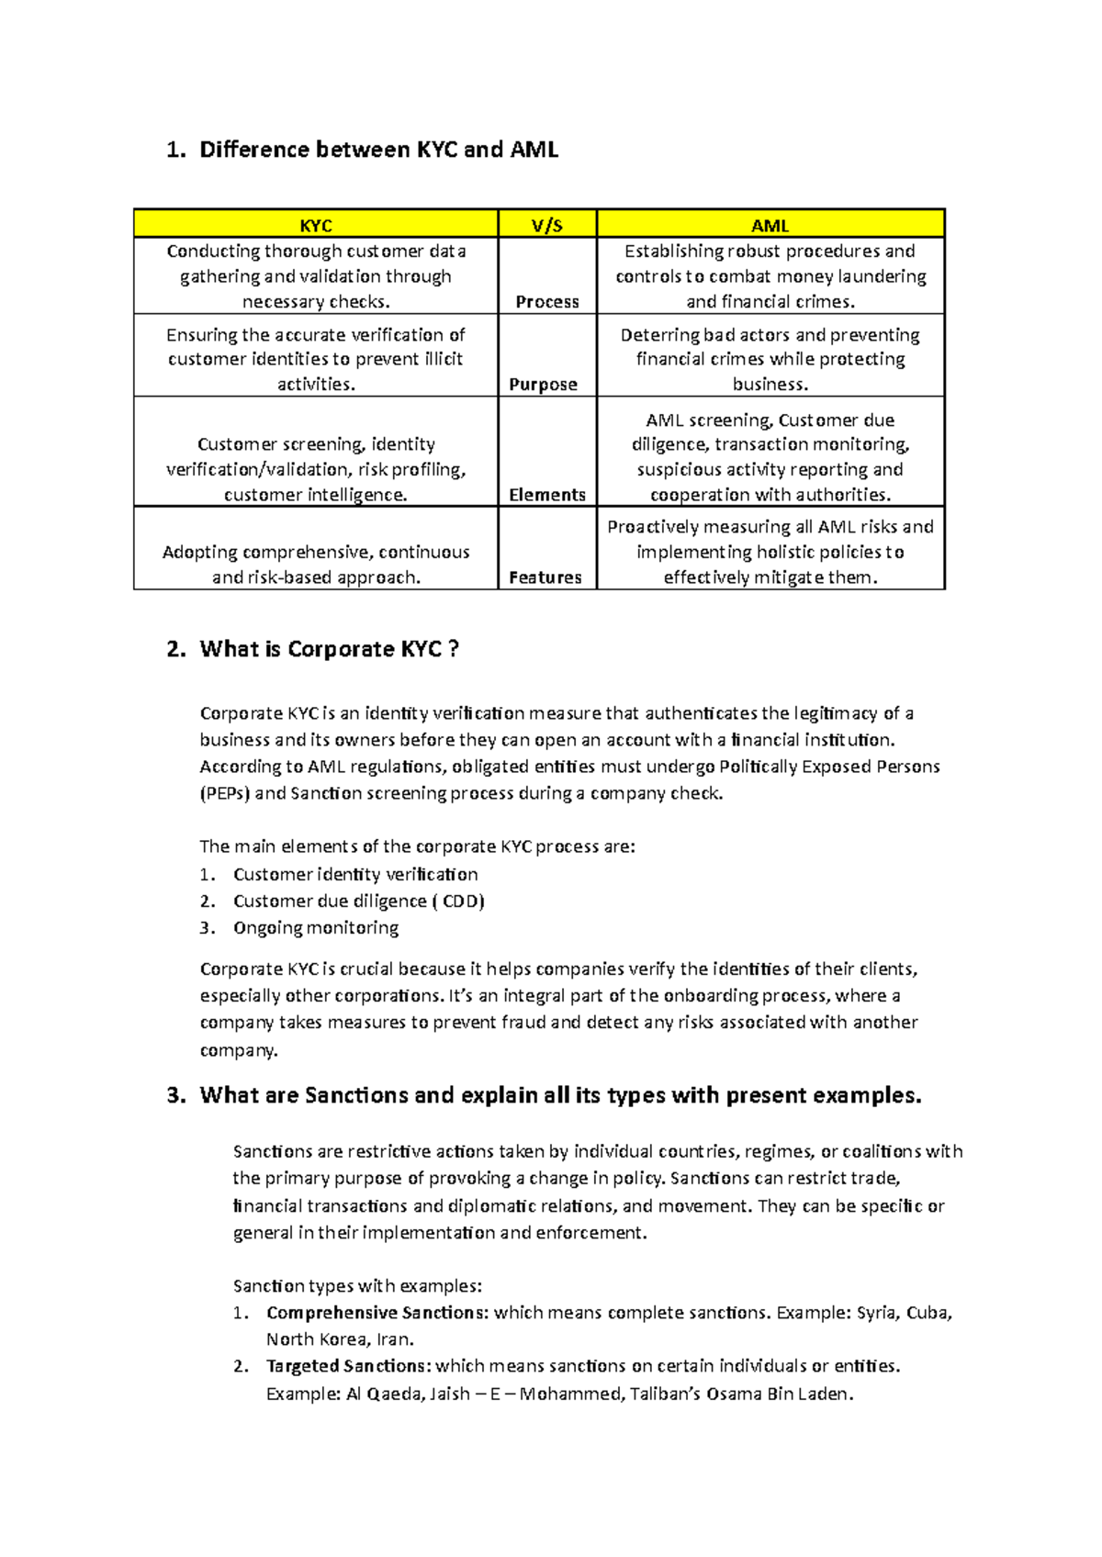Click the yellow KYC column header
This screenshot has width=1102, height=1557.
click(316, 225)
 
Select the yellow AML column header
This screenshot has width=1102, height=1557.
click(770, 225)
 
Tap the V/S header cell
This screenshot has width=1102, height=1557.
click(547, 225)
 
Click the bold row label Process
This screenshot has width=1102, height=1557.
click(547, 302)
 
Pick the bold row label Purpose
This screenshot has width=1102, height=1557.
click(544, 385)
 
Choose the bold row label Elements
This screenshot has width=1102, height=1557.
click(547, 495)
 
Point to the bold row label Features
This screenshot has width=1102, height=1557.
click(545, 577)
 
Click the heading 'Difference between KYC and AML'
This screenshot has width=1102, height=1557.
click(378, 150)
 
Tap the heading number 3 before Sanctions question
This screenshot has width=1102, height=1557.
click(175, 1095)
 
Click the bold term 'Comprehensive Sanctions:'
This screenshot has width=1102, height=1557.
click(377, 1313)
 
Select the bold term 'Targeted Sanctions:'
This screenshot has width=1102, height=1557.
click(348, 1366)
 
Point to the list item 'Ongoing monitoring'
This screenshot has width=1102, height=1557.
click(316, 928)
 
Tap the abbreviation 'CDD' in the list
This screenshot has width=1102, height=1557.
click(460, 902)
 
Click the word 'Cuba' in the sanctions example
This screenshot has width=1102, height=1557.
click(928, 1313)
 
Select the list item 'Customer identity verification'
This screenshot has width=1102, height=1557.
click(355, 875)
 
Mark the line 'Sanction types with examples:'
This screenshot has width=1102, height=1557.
click(357, 1286)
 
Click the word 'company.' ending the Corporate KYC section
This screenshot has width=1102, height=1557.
click(239, 1049)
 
